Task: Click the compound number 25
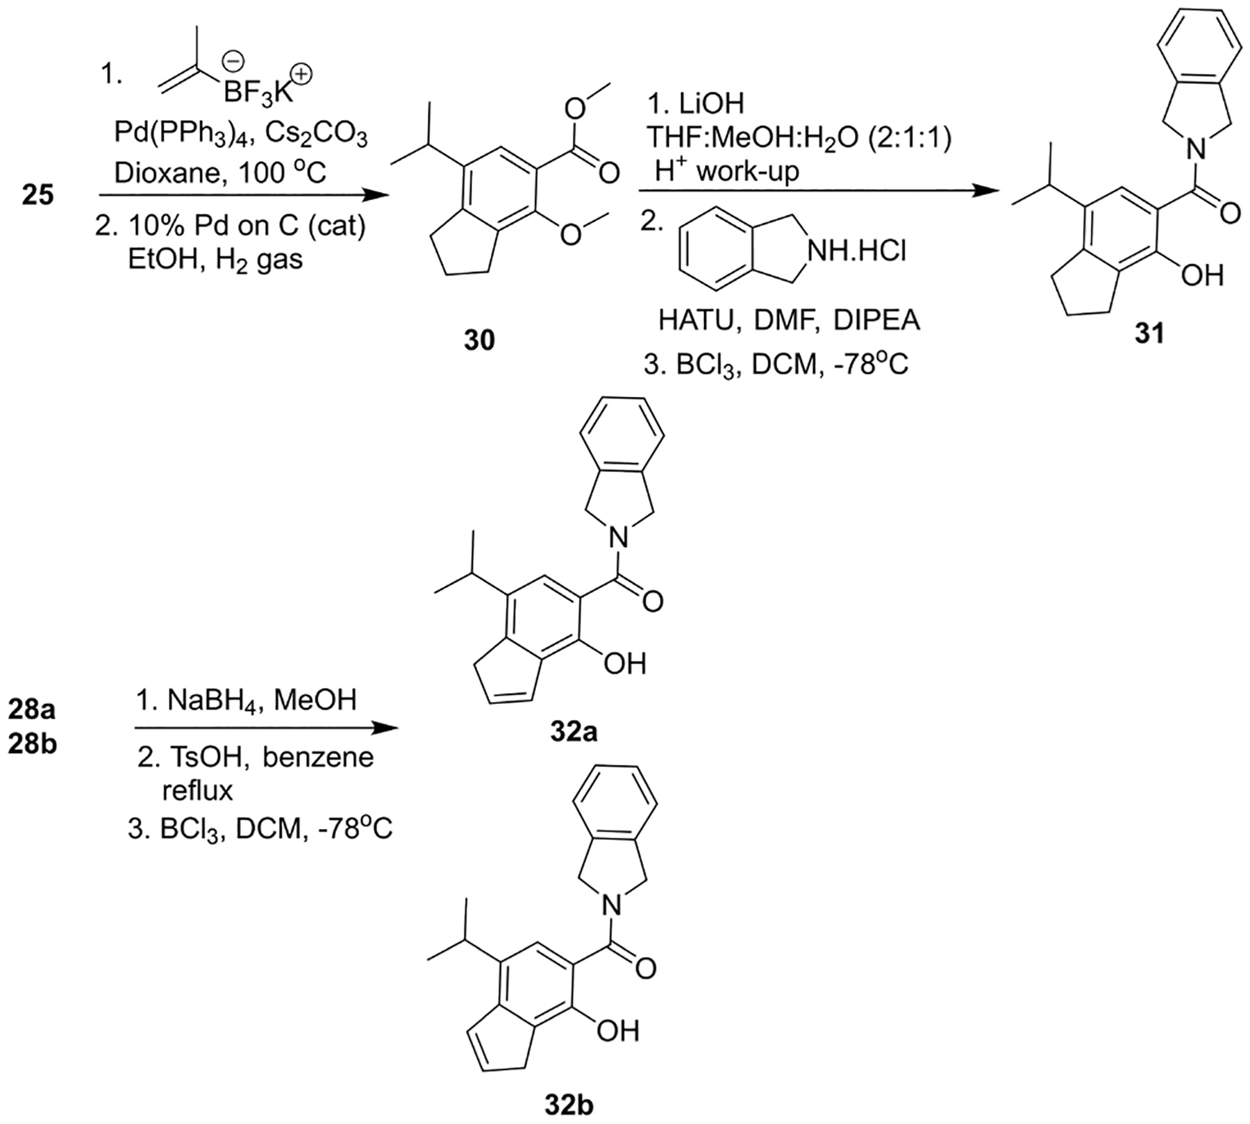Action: pos(37,195)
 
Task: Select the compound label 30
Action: pos(478,340)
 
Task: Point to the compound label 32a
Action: pos(571,732)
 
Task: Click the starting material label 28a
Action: pos(32,710)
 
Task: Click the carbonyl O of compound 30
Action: pos(609,172)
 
